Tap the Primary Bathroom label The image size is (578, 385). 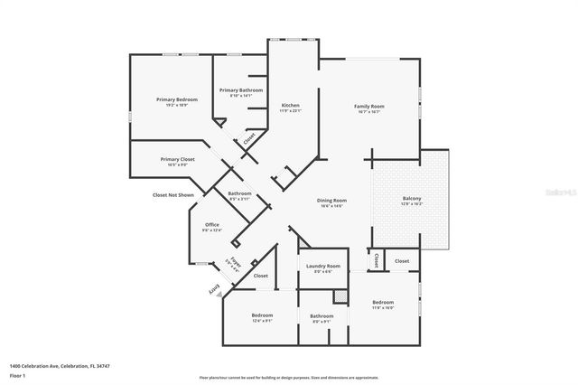241,90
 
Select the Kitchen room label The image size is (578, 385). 290,106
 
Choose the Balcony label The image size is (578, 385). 412,199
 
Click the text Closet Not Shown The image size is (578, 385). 172,194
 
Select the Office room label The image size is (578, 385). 212,225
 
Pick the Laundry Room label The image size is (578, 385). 322,266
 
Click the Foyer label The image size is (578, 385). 234,264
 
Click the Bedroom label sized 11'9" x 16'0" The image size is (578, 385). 383,302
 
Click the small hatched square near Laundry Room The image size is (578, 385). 340,295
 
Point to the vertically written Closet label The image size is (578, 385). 373,260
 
